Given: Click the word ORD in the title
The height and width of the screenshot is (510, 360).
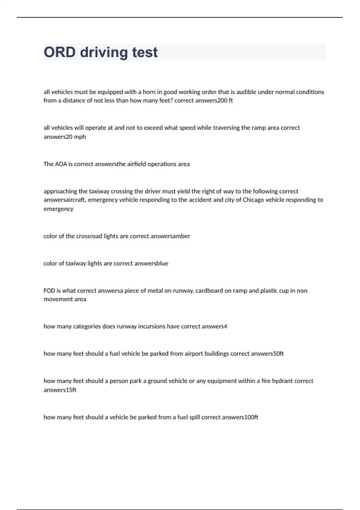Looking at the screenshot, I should [59, 52].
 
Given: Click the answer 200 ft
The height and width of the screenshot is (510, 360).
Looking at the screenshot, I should [225, 100].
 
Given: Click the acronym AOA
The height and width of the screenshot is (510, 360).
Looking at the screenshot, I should [61, 164].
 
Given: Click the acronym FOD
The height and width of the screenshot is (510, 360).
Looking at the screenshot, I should [49, 290].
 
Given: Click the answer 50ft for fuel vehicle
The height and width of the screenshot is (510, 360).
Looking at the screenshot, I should [279, 354].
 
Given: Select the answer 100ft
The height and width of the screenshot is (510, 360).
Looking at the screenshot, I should [251, 417].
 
